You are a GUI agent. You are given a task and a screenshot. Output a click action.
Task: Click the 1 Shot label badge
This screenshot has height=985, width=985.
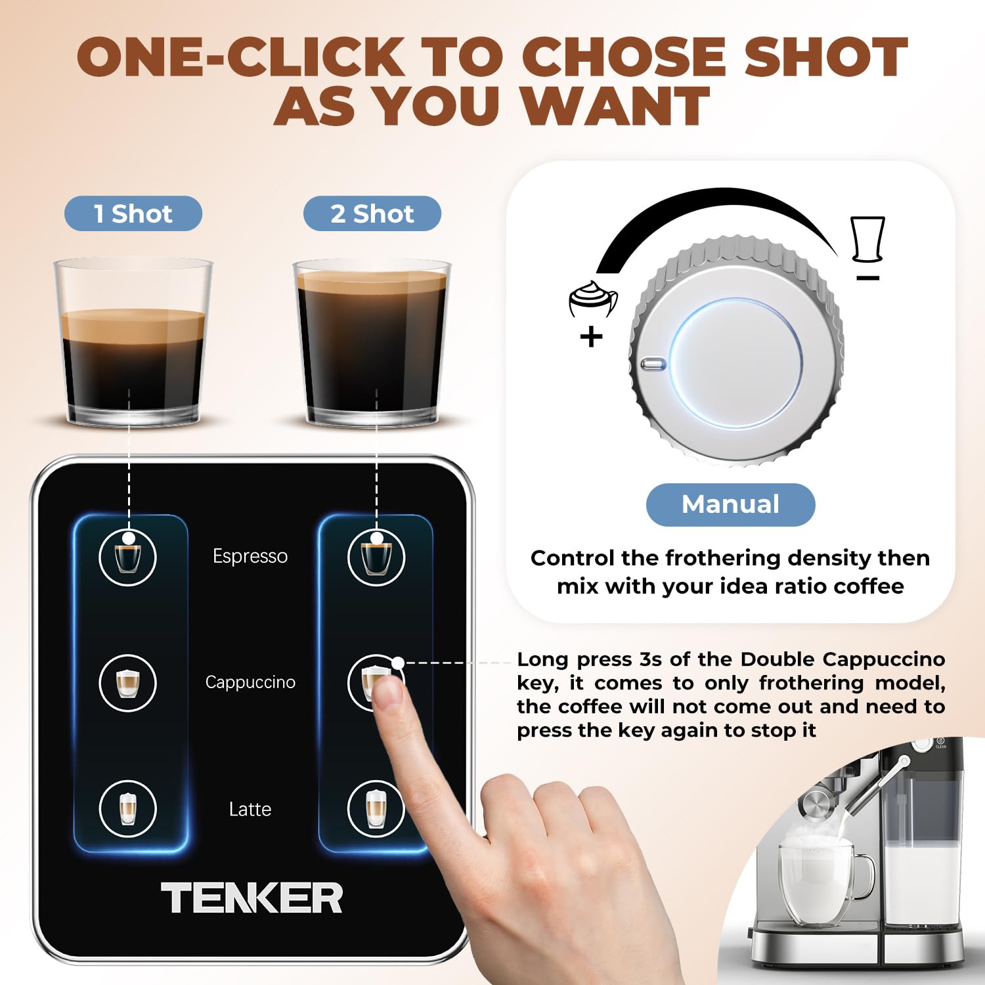133,213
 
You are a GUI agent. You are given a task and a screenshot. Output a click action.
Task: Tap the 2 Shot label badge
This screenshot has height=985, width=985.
372,213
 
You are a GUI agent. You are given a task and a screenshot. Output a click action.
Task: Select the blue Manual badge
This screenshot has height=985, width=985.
730,504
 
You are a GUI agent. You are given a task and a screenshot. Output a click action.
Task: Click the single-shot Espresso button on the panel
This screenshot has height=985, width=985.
127,558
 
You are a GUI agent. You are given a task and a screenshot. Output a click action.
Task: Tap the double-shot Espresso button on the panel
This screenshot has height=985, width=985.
376,558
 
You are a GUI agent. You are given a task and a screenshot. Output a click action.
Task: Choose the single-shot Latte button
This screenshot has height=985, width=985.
127,808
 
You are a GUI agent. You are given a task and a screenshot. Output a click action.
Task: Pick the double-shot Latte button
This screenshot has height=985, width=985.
376,808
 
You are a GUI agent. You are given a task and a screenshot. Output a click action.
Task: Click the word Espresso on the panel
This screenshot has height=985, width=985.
250,556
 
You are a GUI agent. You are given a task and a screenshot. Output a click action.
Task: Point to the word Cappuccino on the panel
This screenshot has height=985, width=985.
250,682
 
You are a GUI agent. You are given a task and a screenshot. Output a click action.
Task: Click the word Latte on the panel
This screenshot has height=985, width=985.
250,809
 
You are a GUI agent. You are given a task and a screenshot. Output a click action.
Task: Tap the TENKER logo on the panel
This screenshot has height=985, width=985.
252,898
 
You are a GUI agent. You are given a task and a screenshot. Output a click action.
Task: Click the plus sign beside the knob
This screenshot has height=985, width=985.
591,337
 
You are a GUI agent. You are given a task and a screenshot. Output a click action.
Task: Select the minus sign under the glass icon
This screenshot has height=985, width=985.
867,278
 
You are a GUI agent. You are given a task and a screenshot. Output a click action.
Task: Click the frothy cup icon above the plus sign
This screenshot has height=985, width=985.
592,299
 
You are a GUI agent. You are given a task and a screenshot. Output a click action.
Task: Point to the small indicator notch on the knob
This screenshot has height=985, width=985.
653,364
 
